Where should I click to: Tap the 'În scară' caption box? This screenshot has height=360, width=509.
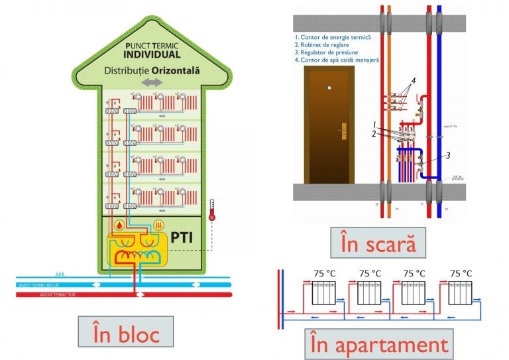(378, 243)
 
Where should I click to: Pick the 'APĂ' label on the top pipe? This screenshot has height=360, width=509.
(59, 273)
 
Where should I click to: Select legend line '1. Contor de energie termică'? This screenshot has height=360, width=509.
(333, 38)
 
